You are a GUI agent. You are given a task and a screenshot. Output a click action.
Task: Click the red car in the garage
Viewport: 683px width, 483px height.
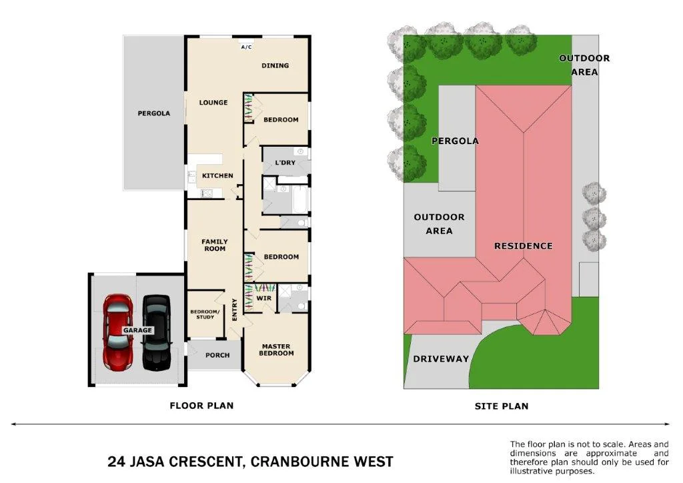tap(117, 332)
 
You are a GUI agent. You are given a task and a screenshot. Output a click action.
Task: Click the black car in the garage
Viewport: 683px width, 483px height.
tap(157, 332)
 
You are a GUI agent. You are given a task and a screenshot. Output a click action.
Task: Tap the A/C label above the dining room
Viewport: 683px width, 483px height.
tap(246, 47)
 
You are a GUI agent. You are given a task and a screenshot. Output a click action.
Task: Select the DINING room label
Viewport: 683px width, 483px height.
tap(275, 65)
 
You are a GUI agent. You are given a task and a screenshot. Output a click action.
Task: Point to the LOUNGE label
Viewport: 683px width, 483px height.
tap(213, 103)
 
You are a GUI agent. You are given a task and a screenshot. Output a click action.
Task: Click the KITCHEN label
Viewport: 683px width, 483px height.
tap(218, 176)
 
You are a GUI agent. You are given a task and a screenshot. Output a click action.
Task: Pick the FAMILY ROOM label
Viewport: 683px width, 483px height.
tap(214, 246)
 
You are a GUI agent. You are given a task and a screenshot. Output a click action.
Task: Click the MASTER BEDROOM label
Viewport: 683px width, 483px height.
tap(277, 350)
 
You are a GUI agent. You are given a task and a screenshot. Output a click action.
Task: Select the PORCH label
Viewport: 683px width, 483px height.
tap(217, 356)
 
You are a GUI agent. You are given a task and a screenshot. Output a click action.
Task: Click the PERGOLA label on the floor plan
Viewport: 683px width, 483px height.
tap(154, 113)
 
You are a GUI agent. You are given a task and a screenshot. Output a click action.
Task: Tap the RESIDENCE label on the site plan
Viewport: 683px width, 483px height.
tap(523, 246)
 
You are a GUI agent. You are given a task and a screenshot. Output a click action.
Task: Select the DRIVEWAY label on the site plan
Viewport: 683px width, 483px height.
tap(441, 359)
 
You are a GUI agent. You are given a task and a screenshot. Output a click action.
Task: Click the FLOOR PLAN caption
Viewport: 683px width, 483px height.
tap(201, 406)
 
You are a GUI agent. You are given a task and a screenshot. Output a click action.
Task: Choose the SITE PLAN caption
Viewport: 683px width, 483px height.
tap(501, 406)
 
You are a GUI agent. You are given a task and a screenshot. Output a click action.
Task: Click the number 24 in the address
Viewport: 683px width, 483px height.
tap(117, 462)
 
